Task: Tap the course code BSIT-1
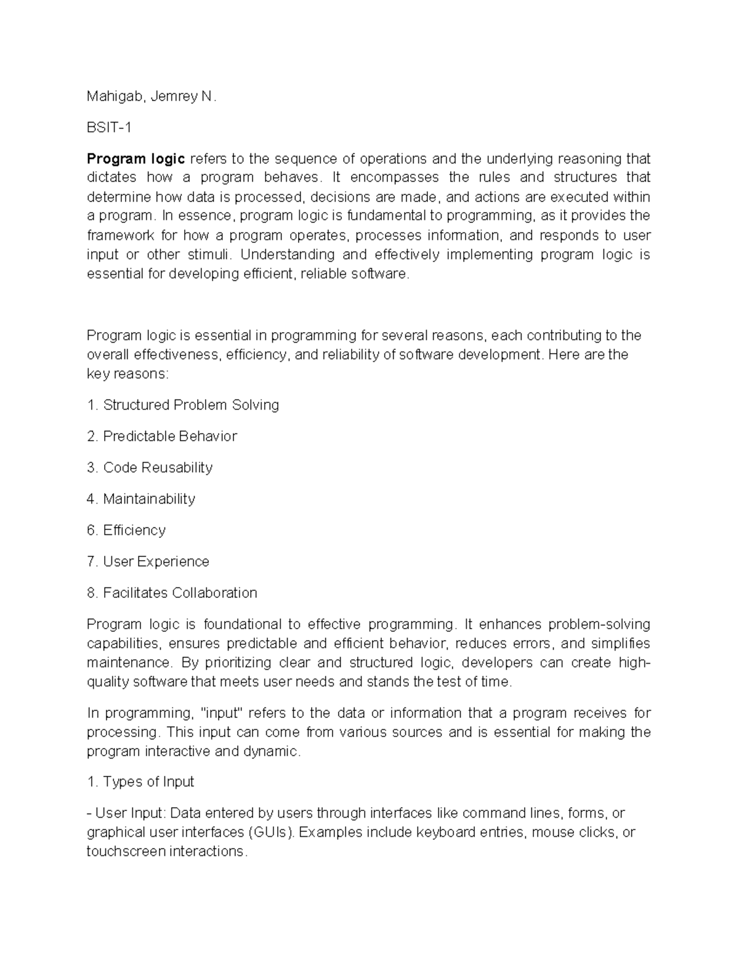tap(109, 128)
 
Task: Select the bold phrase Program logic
tap(135, 158)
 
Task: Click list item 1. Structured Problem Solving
tap(183, 405)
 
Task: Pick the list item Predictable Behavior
tap(169, 436)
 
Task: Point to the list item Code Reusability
tap(158, 468)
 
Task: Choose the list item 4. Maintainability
tap(141, 499)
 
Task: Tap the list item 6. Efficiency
tap(126, 531)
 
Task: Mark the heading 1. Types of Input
tap(140, 782)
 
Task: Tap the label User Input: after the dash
tap(131, 813)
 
